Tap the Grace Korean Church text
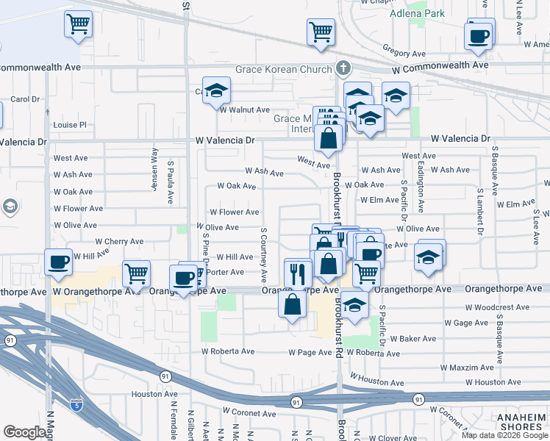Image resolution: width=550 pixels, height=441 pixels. (x=282, y=70)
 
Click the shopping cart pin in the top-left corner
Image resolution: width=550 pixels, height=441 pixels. (x=78, y=25)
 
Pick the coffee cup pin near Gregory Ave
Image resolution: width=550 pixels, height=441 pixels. (x=479, y=36)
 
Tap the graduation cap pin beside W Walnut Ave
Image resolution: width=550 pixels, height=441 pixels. (x=217, y=91)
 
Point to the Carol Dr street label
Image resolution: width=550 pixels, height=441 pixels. (x=24, y=99)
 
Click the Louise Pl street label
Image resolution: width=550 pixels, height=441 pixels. (x=70, y=125)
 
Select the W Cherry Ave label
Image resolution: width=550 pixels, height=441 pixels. (x=119, y=241)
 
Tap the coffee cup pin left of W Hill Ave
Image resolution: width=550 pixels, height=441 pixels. (x=59, y=262)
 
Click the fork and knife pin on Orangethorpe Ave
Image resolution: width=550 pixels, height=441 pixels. (x=297, y=274)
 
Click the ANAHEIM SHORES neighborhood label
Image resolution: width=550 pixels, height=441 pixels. (x=521, y=422)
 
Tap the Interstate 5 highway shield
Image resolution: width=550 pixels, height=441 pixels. (x=76, y=404)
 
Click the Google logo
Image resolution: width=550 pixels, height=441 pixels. (x=25, y=432)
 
